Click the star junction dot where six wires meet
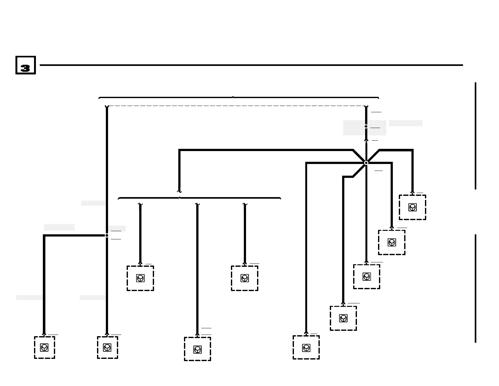pos(366,163)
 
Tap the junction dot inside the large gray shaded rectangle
pos(366,126)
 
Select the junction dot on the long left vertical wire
pos(107,235)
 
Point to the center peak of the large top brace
pos(233,97)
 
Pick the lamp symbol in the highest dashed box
pos(412,207)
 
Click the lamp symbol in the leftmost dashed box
pos(44,348)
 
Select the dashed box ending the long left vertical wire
pos(107,347)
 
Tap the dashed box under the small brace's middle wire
pos(198,349)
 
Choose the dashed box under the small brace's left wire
pos(140,278)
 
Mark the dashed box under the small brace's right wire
pos(244,278)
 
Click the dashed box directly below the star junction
pos(366,277)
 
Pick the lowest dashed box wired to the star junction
pos(306,347)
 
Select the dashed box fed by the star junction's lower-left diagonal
pos(343,318)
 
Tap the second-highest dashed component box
pos(392,242)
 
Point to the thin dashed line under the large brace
pos(236,106)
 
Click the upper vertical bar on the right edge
pos(475,136)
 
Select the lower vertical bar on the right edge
pos(475,288)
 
